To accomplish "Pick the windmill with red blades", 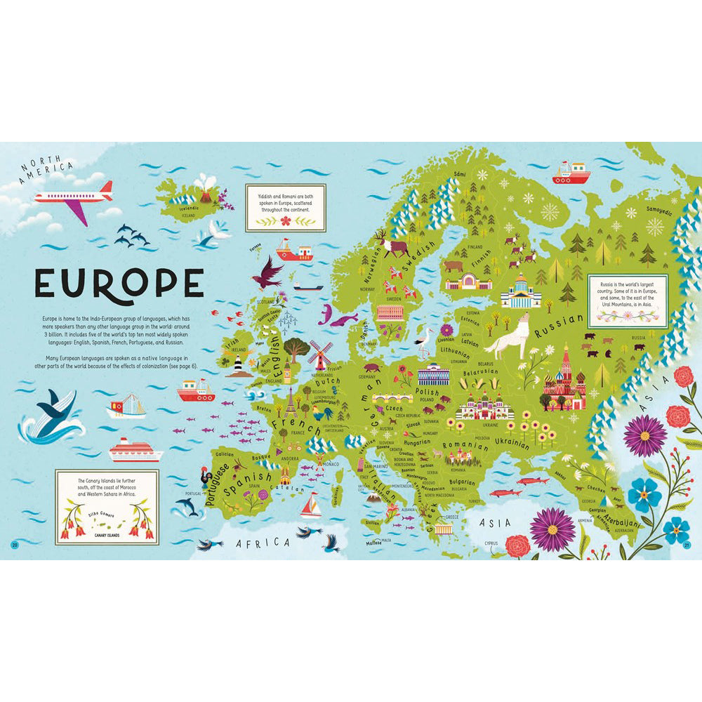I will (320, 353).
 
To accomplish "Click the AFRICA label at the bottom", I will (263, 543).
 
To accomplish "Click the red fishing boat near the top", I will (571, 173).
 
